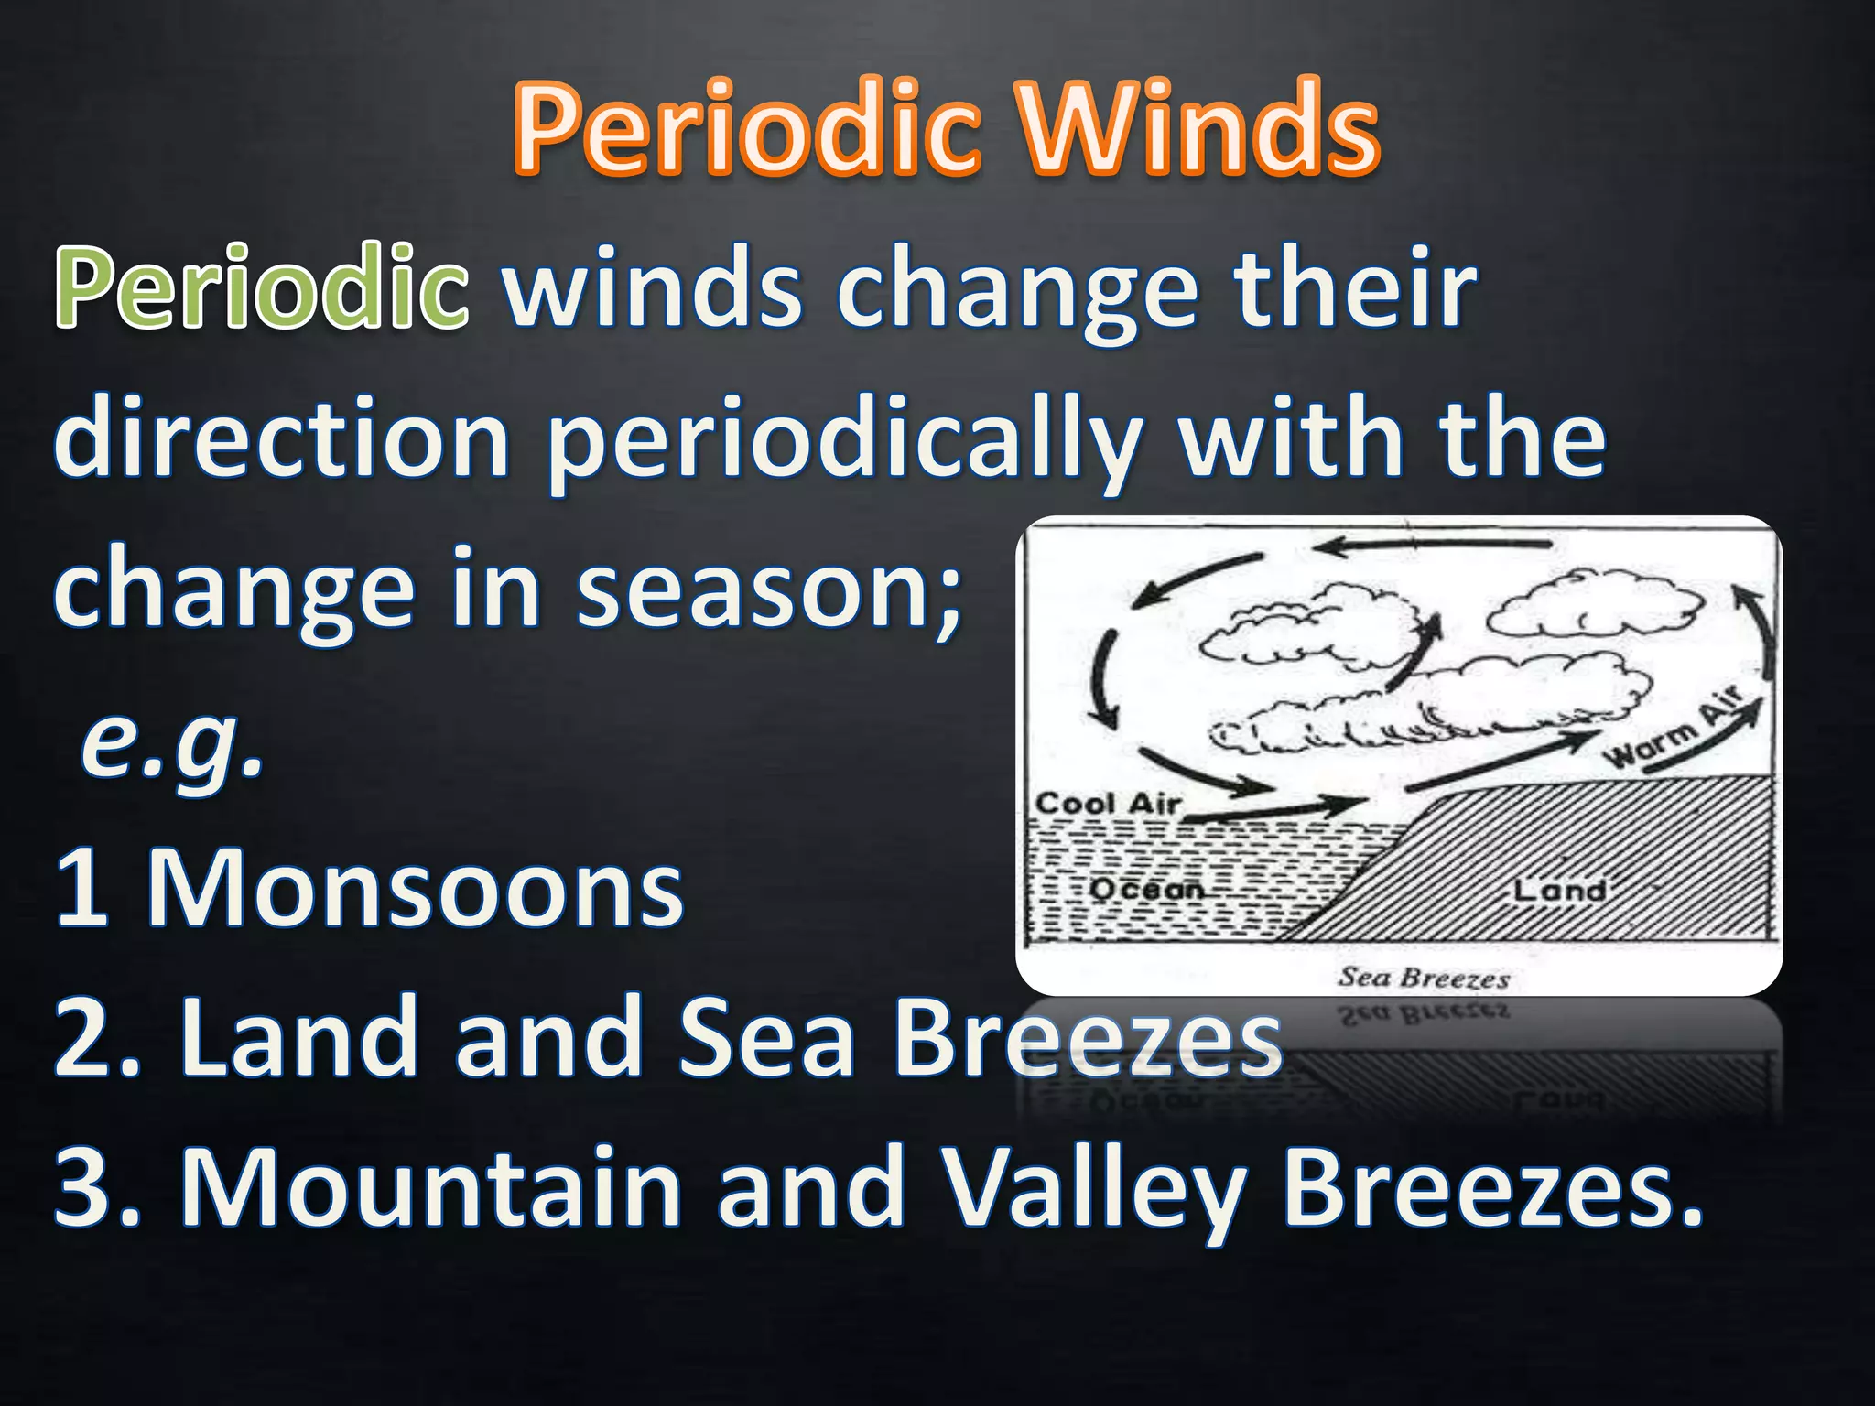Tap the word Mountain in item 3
click(430, 1187)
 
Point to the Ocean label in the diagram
click(1146, 888)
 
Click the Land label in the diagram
click(1559, 890)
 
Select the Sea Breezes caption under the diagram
click(1424, 978)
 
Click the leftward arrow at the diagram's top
click(1433, 546)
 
